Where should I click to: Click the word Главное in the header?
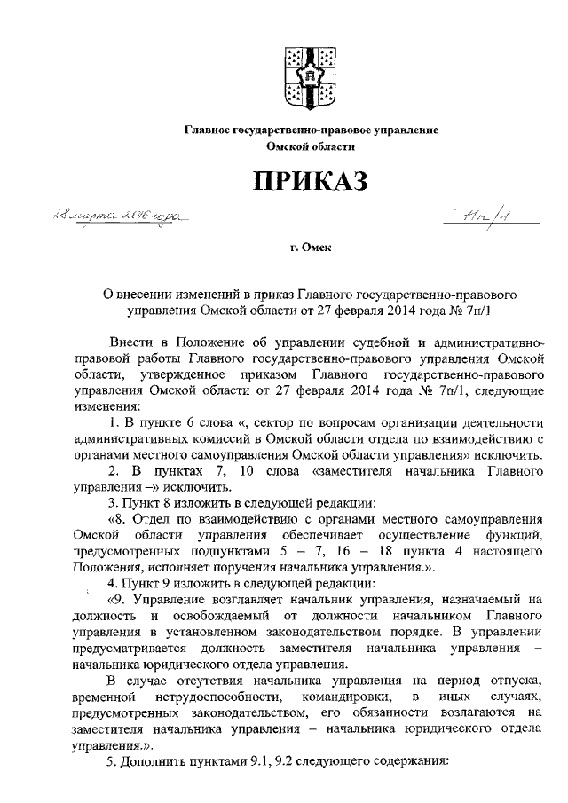pos(207,130)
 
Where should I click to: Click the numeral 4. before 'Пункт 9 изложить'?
pos(113,585)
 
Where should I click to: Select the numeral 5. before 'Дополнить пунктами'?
pos(113,762)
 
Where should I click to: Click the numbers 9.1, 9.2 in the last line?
pos(272,762)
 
